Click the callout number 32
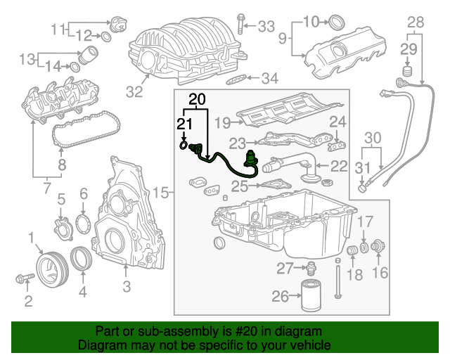[134, 91]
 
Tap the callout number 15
[161, 192]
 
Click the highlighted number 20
[198, 99]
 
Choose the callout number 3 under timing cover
[127, 285]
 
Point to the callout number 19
[222, 122]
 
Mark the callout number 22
[339, 167]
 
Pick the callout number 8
[61, 166]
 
